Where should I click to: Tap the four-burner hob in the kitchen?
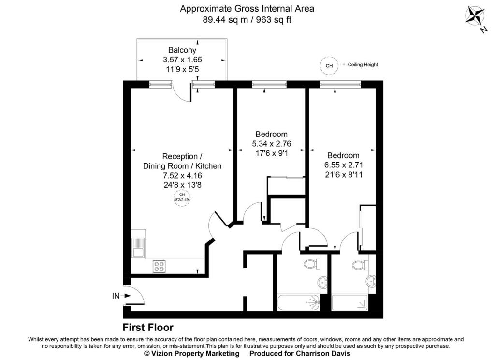159,266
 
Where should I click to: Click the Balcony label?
182,50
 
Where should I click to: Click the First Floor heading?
148,327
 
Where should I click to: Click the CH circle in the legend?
329,65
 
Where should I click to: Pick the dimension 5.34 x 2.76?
272,144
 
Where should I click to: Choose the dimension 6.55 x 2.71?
344,165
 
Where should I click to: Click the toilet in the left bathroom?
312,264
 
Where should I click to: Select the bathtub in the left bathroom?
299,302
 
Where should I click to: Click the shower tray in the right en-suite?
350,302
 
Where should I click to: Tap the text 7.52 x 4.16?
182,176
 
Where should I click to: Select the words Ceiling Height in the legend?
363,64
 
